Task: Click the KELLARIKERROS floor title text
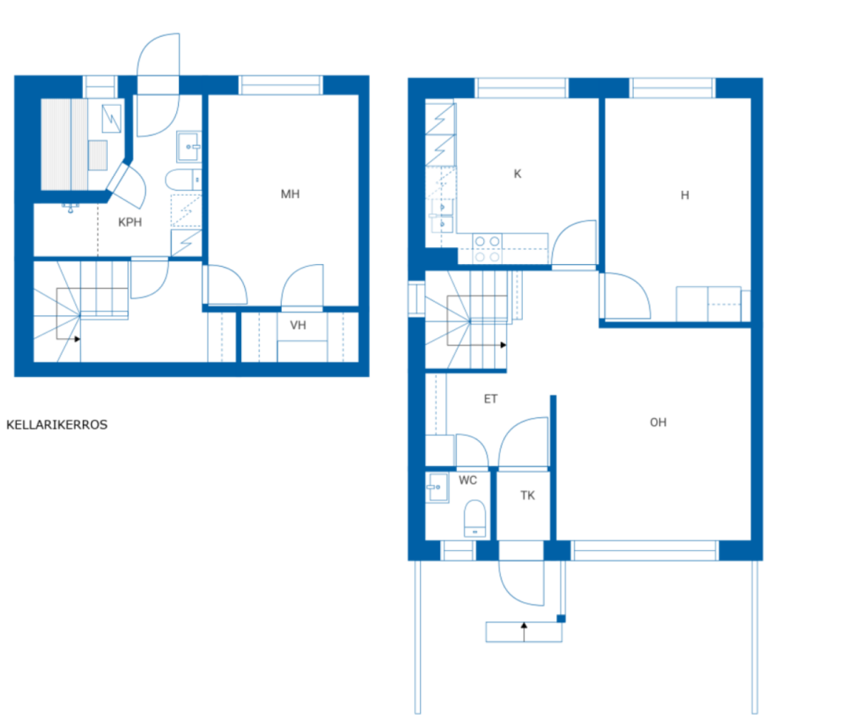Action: [57, 425]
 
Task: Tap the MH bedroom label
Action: [290, 194]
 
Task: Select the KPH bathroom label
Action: [130, 222]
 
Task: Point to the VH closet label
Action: [298, 325]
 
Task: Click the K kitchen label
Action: [517, 174]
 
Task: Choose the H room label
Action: [685, 195]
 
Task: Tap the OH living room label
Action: [658, 422]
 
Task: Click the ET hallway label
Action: [490, 399]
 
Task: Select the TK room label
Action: [527, 496]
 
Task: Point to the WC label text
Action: [468, 480]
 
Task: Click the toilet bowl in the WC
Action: [475, 518]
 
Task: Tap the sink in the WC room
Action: [437, 488]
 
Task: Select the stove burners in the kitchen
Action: [487, 248]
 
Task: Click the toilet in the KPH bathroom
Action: [183, 180]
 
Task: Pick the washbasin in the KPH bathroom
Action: [189, 147]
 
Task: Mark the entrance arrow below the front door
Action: [524, 632]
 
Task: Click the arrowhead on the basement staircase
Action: [77, 339]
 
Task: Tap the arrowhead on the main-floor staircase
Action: [503, 345]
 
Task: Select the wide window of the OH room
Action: [645, 551]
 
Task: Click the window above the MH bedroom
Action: [280, 85]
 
